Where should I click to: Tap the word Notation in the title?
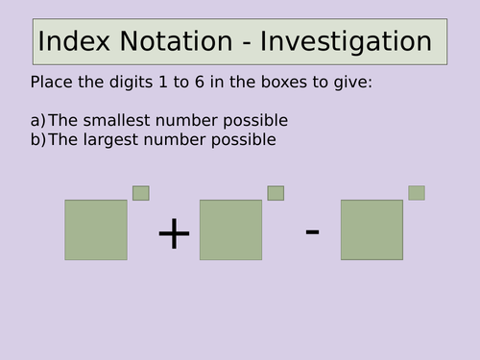point(169,42)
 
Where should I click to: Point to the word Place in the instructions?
point(50,83)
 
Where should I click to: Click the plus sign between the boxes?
point(174,233)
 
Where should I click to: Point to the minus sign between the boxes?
point(312,231)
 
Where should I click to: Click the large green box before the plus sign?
point(96,229)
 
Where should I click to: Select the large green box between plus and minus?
point(230,229)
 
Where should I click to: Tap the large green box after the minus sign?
point(372,229)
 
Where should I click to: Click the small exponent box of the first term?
point(141,193)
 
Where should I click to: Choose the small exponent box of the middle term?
point(276,193)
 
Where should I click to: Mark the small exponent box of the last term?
point(417,193)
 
